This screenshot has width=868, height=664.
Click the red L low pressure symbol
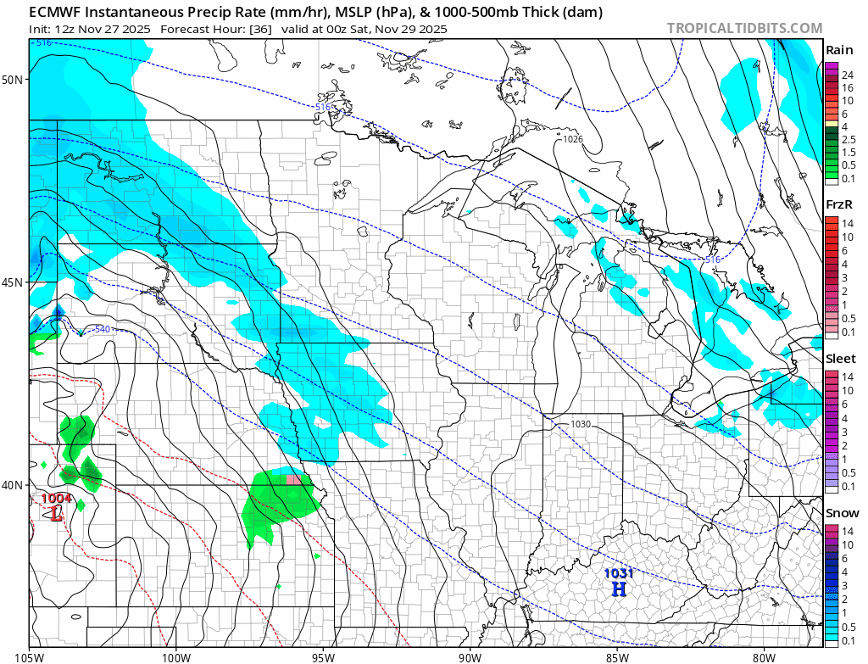tap(57, 514)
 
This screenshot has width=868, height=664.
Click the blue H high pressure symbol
tap(619, 589)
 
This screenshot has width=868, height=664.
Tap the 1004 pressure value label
tap(57, 499)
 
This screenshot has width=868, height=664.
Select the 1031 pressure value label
tap(619, 573)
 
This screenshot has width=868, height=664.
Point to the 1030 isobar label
tap(581, 424)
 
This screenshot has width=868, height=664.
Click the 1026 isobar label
tap(573, 138)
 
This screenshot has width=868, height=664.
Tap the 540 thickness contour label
tap(101, 329)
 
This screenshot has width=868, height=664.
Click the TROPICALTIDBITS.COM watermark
tap(744, 28)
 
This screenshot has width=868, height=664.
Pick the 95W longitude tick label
tap(323, 656)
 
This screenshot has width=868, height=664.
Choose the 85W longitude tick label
tap(616, 656)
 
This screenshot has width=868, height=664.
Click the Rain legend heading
tap(839, 50)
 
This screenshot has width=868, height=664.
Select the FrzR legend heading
tap(839, 204)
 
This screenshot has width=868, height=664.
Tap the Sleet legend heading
tap(841, 359)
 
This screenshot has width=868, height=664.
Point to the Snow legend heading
tap(842, 513)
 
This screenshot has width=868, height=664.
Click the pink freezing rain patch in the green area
tap(293, 480)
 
